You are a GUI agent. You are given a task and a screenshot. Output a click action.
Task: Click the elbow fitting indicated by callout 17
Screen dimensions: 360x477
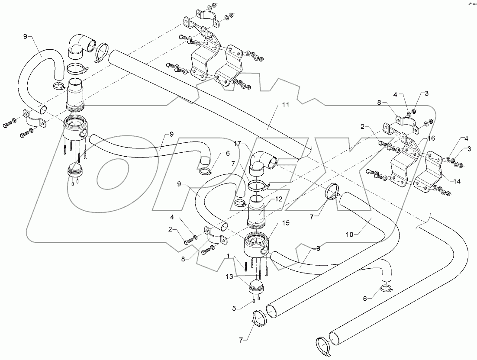pos(262,163)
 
